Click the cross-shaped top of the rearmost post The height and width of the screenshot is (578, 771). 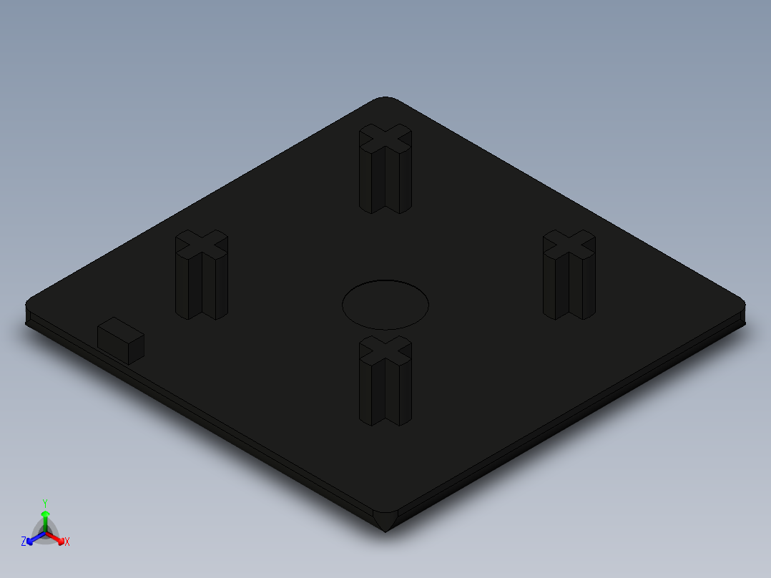point(385,137)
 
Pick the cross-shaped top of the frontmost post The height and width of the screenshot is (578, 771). point(385,350)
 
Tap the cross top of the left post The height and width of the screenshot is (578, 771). point(202,244)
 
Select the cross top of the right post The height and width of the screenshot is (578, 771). point(569,244)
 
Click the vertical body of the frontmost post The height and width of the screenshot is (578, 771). point(385,393)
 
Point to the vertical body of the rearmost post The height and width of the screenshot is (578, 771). point(385,182)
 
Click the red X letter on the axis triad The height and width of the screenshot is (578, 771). point(67,542)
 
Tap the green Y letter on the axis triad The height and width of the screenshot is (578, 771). point(44,503)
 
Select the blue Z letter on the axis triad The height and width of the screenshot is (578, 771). point(24,542)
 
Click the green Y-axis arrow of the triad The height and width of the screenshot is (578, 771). point(45,519)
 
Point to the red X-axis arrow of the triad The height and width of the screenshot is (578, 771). point(57,539)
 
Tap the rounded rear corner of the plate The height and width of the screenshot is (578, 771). point(385,100)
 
